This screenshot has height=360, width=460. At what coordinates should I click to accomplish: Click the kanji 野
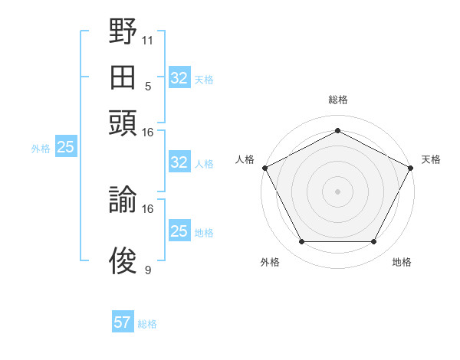[123, 31]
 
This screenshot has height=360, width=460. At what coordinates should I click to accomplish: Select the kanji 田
[123, 77]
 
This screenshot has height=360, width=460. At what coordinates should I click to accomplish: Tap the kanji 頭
[123, 123]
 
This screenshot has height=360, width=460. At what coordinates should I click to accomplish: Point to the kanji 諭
[123, 199]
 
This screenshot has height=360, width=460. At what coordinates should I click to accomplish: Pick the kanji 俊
[123, 260]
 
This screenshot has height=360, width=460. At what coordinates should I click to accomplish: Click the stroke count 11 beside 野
[147, 41]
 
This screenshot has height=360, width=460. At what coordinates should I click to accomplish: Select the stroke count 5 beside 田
[148, 87]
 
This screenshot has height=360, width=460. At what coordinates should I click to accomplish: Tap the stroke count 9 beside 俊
[148, 270]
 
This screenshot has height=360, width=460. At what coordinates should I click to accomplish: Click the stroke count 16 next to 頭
[147, 133]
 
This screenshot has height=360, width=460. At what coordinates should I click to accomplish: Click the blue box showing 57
[123, 321]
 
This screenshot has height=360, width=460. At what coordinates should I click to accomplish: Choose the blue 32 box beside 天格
[179, 77]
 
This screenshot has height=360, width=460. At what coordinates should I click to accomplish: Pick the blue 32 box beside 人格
[179, 162]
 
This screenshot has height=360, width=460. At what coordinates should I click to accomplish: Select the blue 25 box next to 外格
[66, 146]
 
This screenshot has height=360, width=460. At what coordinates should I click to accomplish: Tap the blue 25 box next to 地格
[179, 230]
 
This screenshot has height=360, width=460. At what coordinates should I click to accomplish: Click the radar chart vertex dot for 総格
[337, 130]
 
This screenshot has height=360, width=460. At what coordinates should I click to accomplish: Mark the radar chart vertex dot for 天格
[411, 168]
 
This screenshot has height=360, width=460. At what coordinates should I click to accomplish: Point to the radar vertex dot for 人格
[265, 168]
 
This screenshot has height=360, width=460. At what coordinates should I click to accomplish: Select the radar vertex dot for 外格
[302, 241]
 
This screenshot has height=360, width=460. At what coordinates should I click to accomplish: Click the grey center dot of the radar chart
[337, 191]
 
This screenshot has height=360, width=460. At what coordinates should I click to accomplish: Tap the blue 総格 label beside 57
[147, 324]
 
